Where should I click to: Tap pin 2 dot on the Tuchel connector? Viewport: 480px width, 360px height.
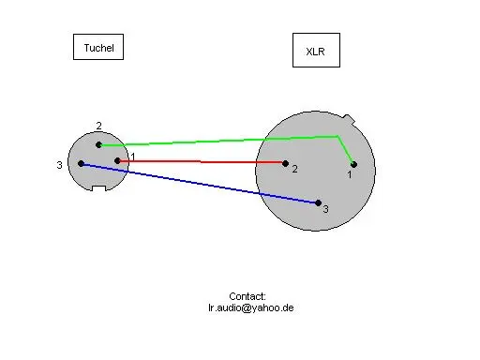[x=98, y=145]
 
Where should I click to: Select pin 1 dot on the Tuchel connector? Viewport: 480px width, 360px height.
[x=117, y=161]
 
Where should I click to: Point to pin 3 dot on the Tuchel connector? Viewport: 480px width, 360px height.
[x=81, y=163]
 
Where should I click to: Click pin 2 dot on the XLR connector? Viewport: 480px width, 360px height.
[x=285, y=163]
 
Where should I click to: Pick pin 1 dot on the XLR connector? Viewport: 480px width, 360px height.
[x=353, y=164]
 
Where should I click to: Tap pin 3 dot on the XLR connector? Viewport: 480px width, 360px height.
[x=318, y=203]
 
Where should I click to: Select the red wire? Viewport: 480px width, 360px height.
[x=202, y=161]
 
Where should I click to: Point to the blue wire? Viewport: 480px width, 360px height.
[x=200, y=183]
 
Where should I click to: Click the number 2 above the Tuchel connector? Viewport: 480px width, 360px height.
[x=98, y=126]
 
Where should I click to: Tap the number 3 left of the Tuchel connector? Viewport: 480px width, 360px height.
[x=59, y=165]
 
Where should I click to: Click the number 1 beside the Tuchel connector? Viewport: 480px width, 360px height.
[x=133, y=157]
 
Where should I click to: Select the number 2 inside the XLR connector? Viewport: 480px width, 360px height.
[x=294, y=169]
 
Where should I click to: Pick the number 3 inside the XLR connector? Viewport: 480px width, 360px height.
[x=325, y=209]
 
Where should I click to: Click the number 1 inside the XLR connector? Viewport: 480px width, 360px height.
[x=350, y=174]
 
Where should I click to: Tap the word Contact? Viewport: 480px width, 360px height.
[x=247, y=296]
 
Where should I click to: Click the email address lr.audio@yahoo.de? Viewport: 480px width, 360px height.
[x=251, y=307]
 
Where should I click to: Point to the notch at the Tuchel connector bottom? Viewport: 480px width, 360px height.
[x=98, y=188]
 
